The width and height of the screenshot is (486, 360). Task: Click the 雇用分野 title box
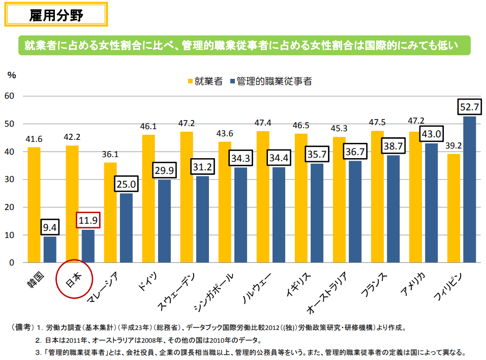(56, 15)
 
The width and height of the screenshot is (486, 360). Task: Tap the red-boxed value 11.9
(88, 221)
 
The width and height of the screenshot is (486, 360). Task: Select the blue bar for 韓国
(50, 250)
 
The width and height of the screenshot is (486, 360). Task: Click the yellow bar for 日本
(72, 203)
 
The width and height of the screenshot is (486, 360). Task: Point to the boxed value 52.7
(469, 107)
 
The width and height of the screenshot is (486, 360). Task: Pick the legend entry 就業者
(205, 81)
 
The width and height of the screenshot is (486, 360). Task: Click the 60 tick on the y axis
(11, 96)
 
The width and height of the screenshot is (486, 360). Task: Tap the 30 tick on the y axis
(11, 179)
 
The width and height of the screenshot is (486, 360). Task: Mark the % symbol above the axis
(12, 74)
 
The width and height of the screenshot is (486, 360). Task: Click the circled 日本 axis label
(74, 279)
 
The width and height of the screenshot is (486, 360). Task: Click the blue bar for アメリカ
(431, 203)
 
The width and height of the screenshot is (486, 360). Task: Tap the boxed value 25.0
(126, 184)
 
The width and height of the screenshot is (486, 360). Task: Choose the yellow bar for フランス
(377, 197)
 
